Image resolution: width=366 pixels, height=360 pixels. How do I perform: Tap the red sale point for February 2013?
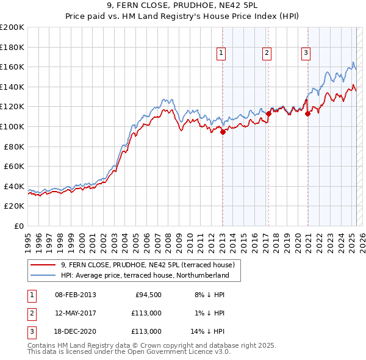point(223,131)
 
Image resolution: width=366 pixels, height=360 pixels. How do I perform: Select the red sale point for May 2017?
point(268,113)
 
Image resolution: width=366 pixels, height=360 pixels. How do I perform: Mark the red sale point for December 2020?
point(307,113)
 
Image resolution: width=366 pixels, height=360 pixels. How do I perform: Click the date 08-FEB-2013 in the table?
point(75,295)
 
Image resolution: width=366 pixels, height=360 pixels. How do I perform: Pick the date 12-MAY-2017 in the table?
point(75,313)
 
